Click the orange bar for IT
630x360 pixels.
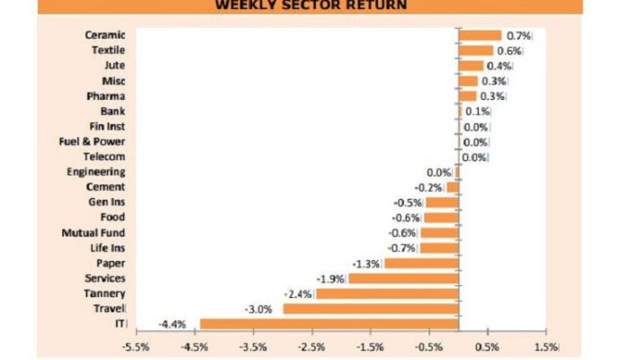(x=329, y=323)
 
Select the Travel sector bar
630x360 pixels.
(x=371, y=308)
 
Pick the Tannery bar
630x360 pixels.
(x=388, y=293)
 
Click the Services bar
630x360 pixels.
(x=403, y=278)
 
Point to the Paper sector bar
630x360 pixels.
(x=421, y=263)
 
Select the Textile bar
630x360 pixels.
(x=477, y=50)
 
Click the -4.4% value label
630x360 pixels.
(x=173, y=324)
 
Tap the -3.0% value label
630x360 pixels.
(x=259, y=309)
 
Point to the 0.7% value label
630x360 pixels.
(x=519, y=35)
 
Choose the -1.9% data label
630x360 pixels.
(x=329, y=278)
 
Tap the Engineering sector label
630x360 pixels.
(x=96, y=172)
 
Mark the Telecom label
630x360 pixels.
(x=104, y=157)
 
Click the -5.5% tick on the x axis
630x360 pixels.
(x=136, y=346)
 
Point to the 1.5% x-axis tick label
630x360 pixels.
(x=545, y=346)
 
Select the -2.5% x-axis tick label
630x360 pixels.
(x=311, y=346)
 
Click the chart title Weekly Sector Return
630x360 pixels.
(x=310, y=5)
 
